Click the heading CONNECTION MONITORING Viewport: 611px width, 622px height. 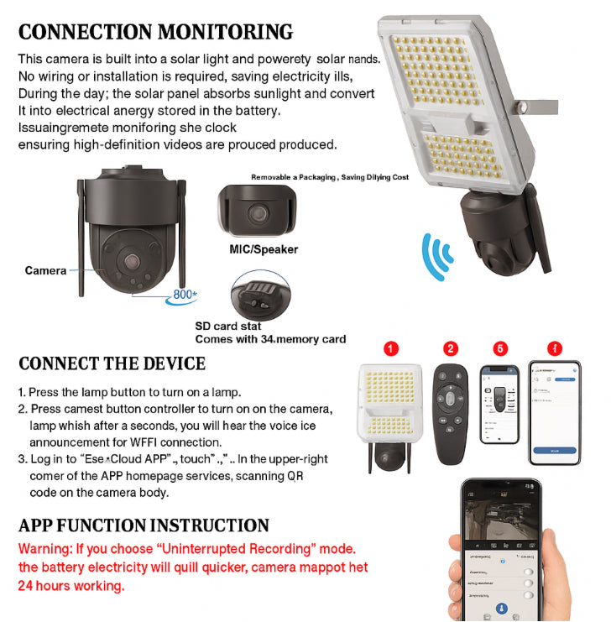pos(156,32)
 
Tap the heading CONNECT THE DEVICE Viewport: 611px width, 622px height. pos(112,363)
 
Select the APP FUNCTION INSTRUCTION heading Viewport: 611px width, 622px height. pos(144,525)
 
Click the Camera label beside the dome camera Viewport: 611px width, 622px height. pos(45,270)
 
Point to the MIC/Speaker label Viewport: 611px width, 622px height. pos(264,249)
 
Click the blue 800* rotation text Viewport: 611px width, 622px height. pos(185,295)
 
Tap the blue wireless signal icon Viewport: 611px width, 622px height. pos(437,256)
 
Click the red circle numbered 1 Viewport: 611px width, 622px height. pos(391,348)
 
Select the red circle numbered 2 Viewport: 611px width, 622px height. pos(451,348)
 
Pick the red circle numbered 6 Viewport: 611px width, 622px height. pos(501,348)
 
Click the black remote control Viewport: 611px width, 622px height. pos(451,405)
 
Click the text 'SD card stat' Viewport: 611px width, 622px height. pos(228,327)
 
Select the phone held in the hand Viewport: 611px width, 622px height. pos(500,554)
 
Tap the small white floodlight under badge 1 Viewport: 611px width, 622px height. pos(391,403)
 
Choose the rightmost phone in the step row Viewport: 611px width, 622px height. pos(554,411)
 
